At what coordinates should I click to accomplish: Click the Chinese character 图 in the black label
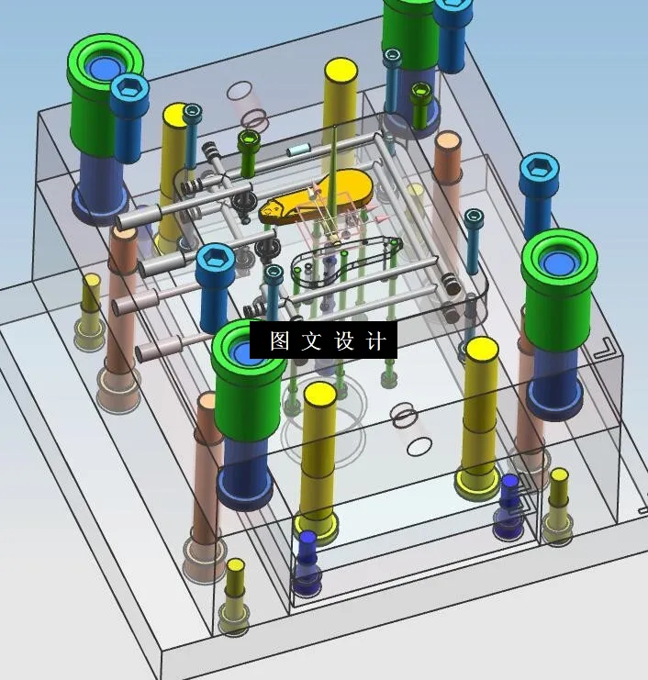click(x=280, y=341)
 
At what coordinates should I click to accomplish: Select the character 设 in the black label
click(x=344, y=341)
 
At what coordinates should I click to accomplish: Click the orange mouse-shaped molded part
click(x=317, y=195)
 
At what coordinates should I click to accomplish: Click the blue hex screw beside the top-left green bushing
click(x=129, y=92)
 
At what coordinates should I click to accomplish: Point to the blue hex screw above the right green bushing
click(x=539, y=171)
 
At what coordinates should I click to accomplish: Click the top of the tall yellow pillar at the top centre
click(x=340, y=71)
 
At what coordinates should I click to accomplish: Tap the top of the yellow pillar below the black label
click(x=319, y=395)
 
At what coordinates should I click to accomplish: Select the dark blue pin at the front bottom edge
click(x=307, y=540)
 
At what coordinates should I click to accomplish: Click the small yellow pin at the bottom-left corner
click(x=236, y=568)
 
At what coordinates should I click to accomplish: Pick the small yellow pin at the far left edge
click(x=90, y=282)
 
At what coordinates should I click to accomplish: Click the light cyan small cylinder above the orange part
click(x=299, y=150)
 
